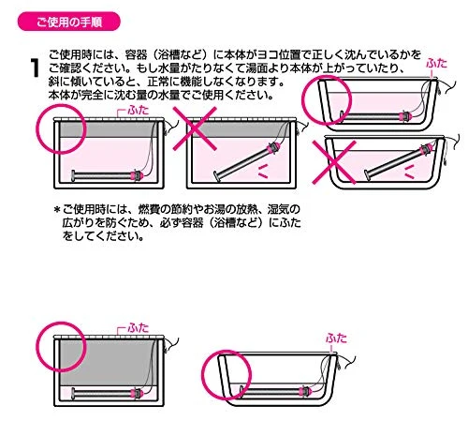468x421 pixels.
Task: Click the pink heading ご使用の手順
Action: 69,22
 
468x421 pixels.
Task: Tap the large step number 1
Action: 34,68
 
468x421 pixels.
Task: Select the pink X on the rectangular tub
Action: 195,128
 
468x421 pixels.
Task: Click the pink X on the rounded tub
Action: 334,162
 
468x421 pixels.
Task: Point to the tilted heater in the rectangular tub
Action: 247,161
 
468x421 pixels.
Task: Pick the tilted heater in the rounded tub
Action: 400,162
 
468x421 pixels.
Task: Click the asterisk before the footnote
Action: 57,209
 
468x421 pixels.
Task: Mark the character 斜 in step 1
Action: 53,82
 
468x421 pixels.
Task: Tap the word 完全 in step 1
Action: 92,95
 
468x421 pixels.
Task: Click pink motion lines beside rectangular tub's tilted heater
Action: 263,171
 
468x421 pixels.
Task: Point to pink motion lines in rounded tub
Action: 410,172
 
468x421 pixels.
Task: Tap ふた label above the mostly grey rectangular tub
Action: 139,328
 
